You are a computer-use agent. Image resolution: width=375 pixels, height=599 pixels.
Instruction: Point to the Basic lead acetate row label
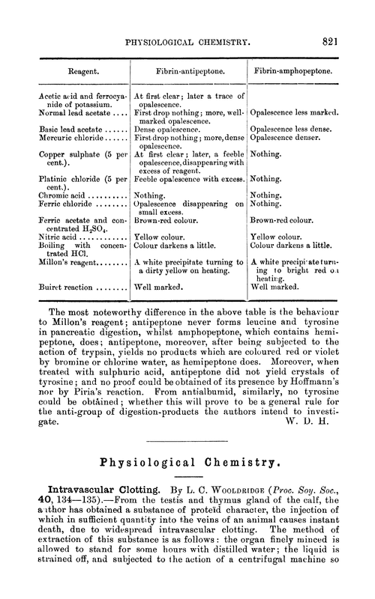68,129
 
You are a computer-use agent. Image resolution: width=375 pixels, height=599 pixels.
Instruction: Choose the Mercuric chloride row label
66,138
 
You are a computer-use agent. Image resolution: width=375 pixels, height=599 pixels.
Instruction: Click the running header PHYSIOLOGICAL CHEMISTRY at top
187,43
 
